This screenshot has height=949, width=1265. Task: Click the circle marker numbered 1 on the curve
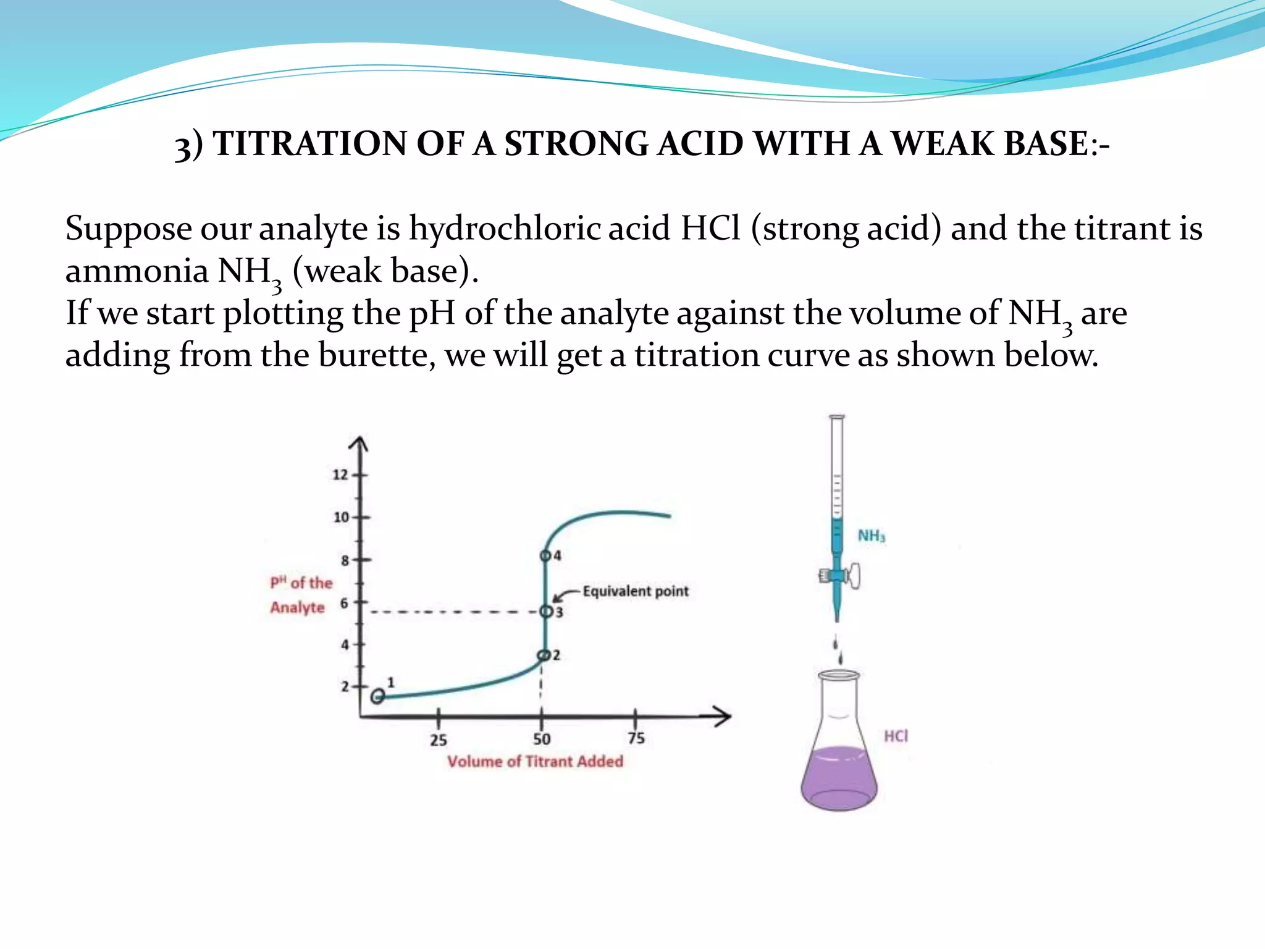click(x=377, y=696)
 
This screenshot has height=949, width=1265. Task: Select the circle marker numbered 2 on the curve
click(x=544, y=655)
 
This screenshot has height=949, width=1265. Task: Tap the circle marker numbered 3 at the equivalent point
click(x=546, y=611)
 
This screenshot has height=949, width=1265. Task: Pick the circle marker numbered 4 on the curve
click(x=545, y=556)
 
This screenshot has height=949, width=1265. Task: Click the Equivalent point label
click(x=635, y=591)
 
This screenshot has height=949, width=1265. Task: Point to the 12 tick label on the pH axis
click(x=340, y=474)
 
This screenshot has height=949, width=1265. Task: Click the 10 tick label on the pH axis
click(x=341, y=517)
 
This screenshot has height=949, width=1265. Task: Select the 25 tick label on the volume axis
click(x=438, y=740)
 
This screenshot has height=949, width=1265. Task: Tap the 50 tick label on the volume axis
click(x=542, y=739)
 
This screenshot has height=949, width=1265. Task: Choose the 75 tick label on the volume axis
click(x=636, y=738)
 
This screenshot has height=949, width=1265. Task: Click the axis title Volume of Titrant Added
click(x=535, y=761)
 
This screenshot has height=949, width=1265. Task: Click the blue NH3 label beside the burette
click(x=872, y=536)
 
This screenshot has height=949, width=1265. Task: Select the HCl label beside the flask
click(x=896, y=736)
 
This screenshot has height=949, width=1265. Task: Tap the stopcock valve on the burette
click(x=839, y=576)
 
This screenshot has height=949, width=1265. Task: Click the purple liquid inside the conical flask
click(x=839, y=778)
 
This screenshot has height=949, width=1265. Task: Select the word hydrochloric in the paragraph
click(x=505, y=229)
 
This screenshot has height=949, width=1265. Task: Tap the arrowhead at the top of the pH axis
click(x=359, y=444)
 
